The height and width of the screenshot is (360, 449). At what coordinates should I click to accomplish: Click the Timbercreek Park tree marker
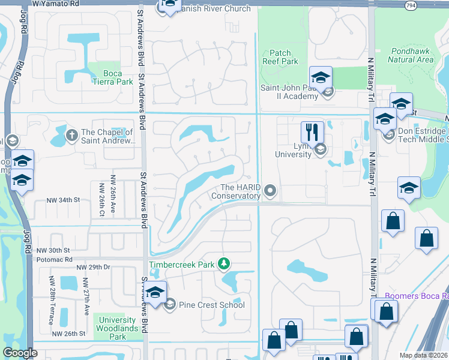(224, 263)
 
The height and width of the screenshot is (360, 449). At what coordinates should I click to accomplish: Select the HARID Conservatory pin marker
(270, 191)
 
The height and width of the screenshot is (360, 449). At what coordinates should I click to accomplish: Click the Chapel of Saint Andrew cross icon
(71, 133)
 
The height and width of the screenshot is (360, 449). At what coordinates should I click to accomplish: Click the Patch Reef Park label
(280, 57)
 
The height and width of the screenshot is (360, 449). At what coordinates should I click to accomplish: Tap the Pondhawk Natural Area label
(411, 55)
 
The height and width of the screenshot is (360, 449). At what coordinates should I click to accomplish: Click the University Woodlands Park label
(118, 328)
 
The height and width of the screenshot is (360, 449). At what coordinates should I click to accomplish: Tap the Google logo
(20, 353)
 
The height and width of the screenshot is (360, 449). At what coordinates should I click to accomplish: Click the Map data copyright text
(424, 355)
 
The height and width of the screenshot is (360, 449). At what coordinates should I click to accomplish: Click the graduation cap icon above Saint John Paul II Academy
(321, 77)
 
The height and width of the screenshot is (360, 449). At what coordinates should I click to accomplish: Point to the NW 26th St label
(69, 334)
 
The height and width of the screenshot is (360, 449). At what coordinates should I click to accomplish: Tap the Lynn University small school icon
(320, 149)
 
